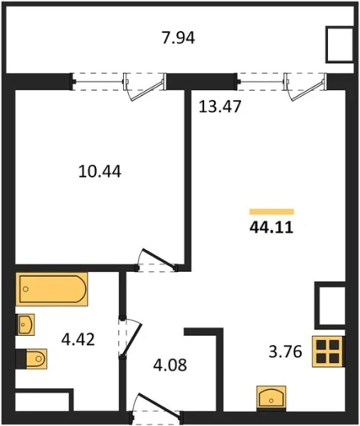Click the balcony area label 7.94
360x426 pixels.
(178, 39)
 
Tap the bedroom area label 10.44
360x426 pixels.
(99, 172)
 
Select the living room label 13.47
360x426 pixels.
(220, 106)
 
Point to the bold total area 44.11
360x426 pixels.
(271, 227)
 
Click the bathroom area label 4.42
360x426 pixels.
(78, 340)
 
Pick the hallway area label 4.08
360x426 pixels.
(170, 365)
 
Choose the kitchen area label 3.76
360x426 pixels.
(285, 351)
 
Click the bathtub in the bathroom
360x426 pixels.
(52, 289)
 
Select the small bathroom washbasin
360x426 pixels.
(26, 324)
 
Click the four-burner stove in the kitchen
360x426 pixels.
(327, 351)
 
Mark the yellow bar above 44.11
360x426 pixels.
(271, 211)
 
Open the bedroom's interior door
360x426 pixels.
(158, 258)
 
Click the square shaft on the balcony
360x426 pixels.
(339, 44)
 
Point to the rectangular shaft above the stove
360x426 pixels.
(330, 306)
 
